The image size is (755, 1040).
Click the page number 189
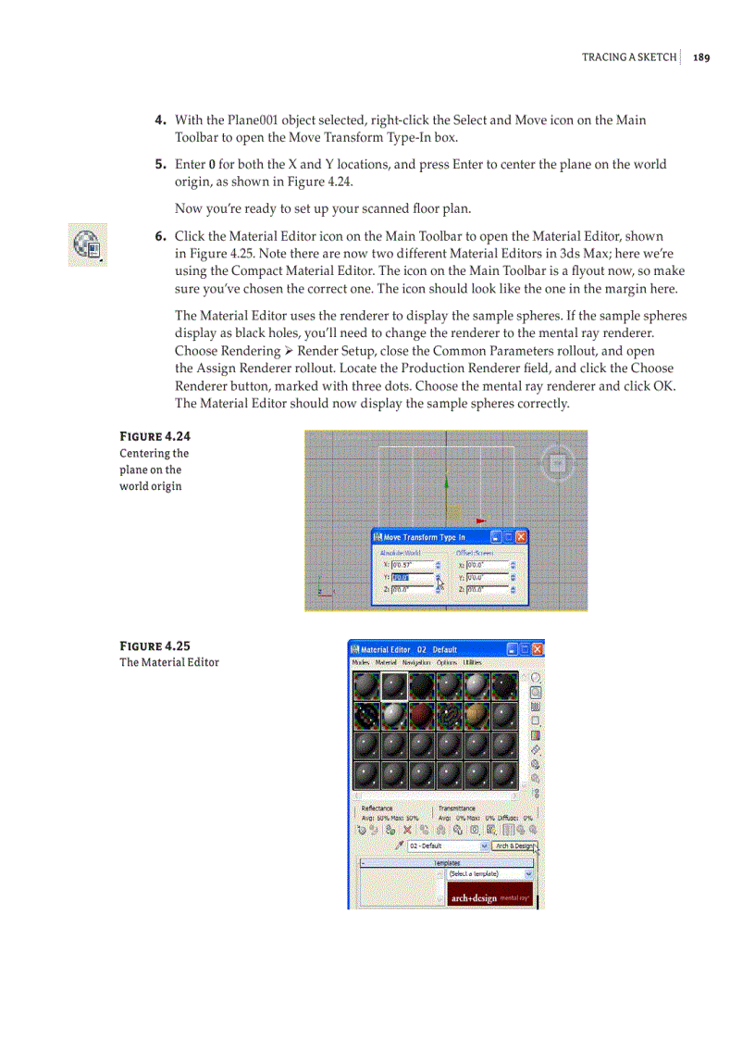700,57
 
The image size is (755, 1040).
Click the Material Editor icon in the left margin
87,244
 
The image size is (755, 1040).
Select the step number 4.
160,120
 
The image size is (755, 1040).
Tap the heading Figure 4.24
155,436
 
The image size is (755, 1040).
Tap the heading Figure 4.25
155,645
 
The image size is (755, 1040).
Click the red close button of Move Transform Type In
521,537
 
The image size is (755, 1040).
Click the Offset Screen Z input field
487,589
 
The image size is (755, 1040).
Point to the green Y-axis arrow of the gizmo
447,482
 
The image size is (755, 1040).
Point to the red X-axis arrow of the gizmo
480,521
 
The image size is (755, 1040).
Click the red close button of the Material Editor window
537,649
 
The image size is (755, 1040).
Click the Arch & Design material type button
514,846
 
